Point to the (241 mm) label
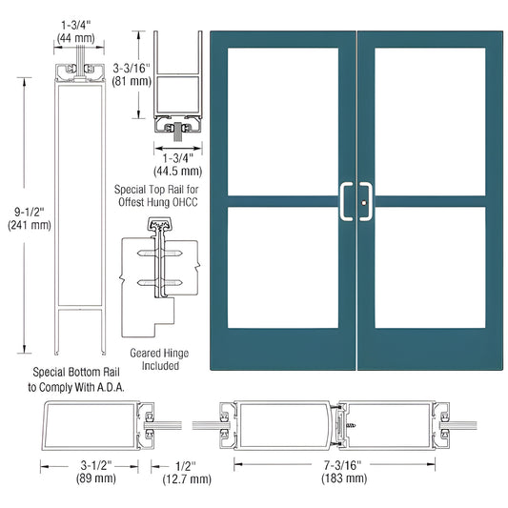pyautogui.click(x=23, y=227)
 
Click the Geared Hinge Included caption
pyautogui.click(x=156, y=359)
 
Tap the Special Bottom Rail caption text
pyautogui.click(x=64, y=378)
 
